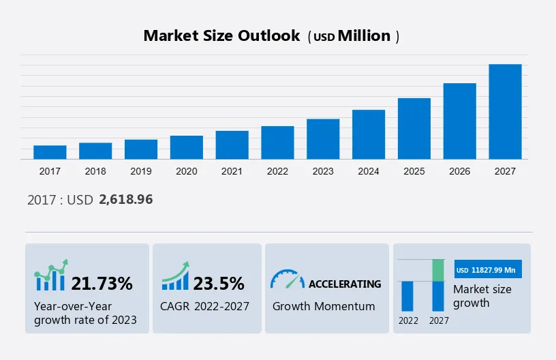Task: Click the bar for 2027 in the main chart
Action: coord(505,112)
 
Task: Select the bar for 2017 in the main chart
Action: coord(50,152)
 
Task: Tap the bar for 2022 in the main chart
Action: coord(277,142)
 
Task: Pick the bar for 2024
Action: coord(369,134)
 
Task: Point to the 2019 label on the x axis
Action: coord(141,171)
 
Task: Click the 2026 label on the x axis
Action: coord(460,171)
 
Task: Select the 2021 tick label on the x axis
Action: coord(232,171)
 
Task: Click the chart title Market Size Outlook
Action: coord(221,36)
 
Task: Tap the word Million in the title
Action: coord(365,36)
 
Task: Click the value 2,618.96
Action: coord(125,200)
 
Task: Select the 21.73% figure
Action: coord(102,283)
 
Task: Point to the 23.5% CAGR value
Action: coord(219,283)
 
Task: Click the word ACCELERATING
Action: coord(345,284)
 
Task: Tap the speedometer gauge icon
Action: coord(287,279)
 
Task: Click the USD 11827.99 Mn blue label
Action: coord(487,269)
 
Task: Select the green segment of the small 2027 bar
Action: coord(439,270)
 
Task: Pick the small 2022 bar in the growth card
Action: coord(407,296)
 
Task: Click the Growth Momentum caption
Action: coord(324,306)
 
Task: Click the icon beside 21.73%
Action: coord(51,275)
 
